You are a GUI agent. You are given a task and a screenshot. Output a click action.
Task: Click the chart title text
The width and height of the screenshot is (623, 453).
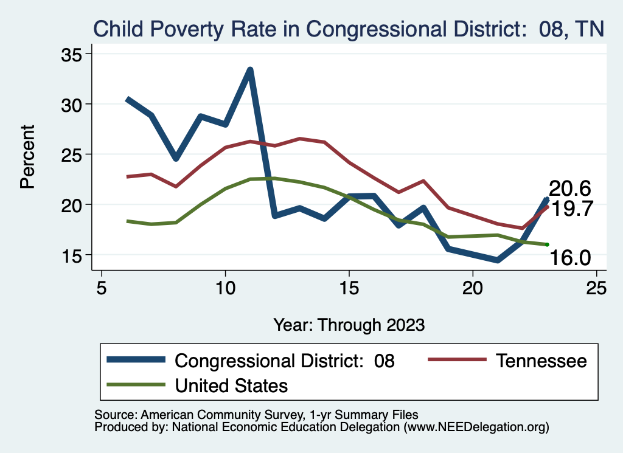[x=348, y=29]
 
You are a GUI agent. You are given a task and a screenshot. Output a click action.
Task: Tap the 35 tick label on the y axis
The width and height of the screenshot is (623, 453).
[x=74, y=54]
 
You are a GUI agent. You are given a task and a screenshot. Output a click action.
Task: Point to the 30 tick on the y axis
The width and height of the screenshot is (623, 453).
[x=74, y=105]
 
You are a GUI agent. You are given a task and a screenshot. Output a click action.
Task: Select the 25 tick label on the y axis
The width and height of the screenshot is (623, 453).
[x=74, y=154]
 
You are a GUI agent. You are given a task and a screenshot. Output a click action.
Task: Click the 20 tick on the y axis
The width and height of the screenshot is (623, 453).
[x=74, y=205]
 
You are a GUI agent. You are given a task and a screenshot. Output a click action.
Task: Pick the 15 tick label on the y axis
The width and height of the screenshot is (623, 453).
[x=74, y=255]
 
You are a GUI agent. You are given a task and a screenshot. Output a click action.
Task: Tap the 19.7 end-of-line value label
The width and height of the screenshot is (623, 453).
[x=572, y=209]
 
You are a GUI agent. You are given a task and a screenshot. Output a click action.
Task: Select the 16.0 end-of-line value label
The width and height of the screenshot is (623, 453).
[x=570, y=258]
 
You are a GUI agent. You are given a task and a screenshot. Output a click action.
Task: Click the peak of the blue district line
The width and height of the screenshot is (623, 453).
[x=250, y=70]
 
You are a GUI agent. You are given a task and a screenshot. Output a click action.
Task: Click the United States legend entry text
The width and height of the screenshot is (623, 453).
[x=231, y=385]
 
